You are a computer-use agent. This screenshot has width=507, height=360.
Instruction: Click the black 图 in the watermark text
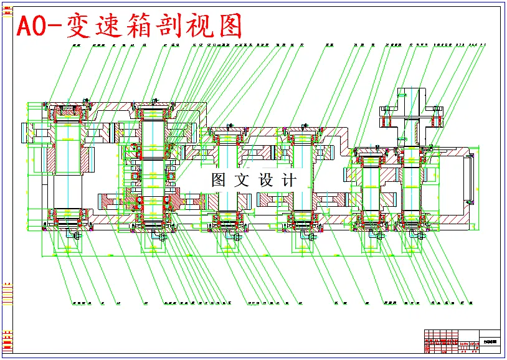(218, 180)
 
